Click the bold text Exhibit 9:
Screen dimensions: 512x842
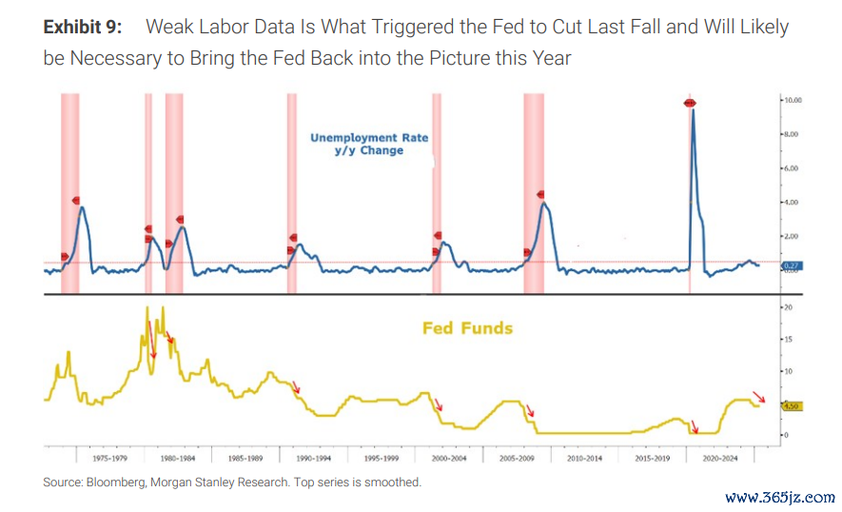[x=82, y=27]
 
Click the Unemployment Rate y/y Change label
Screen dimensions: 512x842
[x=369, y=144]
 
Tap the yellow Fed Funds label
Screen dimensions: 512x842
[x=467, y=328]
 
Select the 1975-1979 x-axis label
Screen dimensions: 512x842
[x=98, y=458]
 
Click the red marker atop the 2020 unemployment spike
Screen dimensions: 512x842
[x=691, y=103]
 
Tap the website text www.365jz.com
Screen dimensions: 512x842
[x=779, y=497]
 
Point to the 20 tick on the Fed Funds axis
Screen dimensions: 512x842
[x=786, y=308]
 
